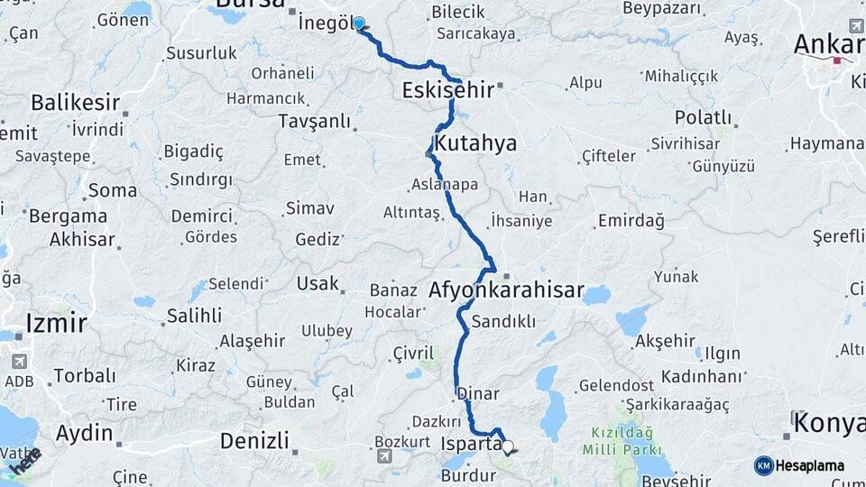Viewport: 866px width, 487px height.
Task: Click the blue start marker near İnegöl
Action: pos(359,23)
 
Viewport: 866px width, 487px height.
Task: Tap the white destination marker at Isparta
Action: pos(508,446)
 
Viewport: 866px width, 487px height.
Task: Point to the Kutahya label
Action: pos(475,143)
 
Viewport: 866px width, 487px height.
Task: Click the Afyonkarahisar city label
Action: pos(506,291)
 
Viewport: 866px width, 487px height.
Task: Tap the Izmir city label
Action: pos(56,322)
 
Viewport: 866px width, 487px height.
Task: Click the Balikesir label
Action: pos(75,102)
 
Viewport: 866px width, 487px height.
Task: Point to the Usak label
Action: pos(318,283)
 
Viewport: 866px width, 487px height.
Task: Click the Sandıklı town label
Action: pos(503,321)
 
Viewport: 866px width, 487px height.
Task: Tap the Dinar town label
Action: pos(478,394)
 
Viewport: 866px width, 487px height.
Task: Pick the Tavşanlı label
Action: pos(314,120)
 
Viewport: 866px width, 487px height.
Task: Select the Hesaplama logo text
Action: pos(810,465)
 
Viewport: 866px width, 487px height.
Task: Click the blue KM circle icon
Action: pos(763,465)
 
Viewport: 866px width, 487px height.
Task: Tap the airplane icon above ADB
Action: pos(19,362)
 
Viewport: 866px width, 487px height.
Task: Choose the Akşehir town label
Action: pos(665,341)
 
